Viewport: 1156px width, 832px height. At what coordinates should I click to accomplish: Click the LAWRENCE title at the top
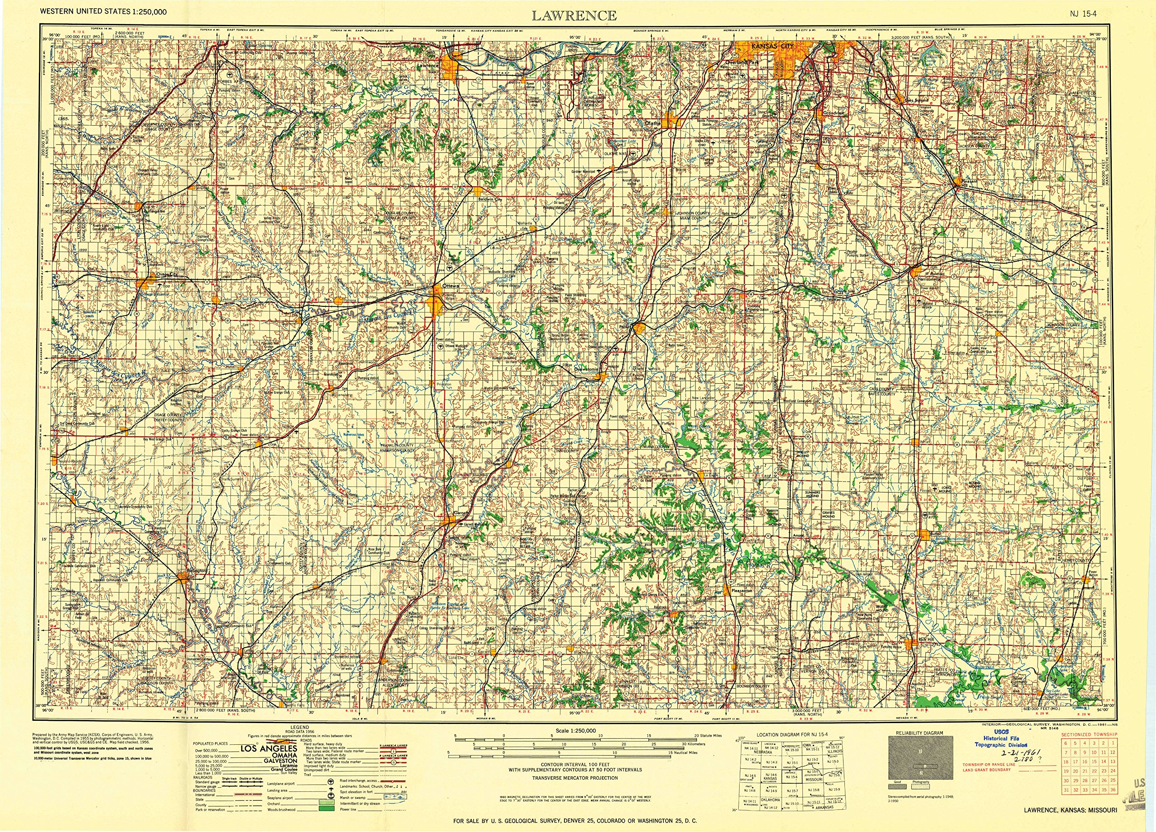point(574,16)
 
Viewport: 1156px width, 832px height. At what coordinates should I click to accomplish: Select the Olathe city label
point(653,123)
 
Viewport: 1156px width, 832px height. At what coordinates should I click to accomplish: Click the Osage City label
point(168,274)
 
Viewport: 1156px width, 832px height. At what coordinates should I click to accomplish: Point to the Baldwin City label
point(490,199)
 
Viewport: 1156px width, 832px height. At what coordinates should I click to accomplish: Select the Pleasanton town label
point(741,590)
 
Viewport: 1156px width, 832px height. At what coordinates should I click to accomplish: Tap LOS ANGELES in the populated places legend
point(269,749)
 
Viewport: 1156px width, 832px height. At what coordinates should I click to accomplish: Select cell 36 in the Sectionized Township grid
point(1113,804)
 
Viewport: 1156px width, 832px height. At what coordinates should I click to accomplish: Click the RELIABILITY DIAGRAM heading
point(919,733)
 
